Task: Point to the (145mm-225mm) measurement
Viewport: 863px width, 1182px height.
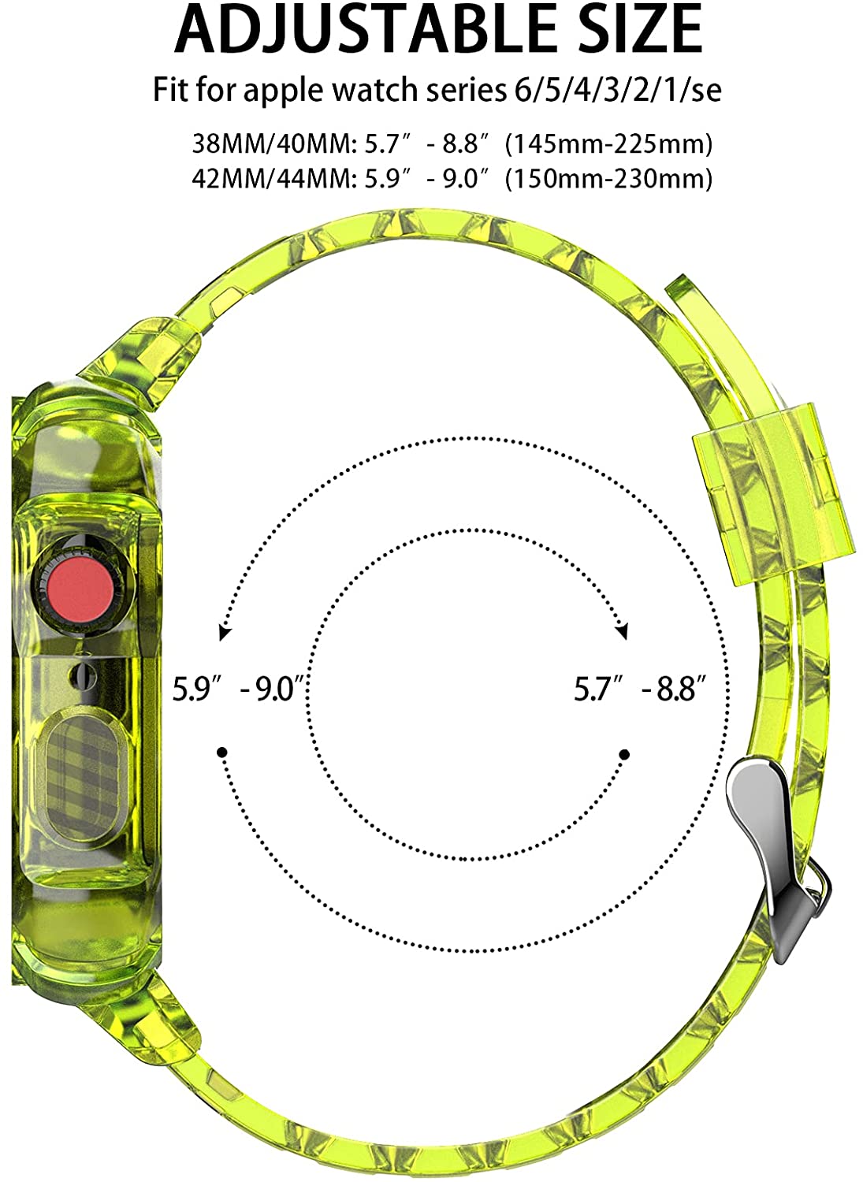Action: (608, 144)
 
